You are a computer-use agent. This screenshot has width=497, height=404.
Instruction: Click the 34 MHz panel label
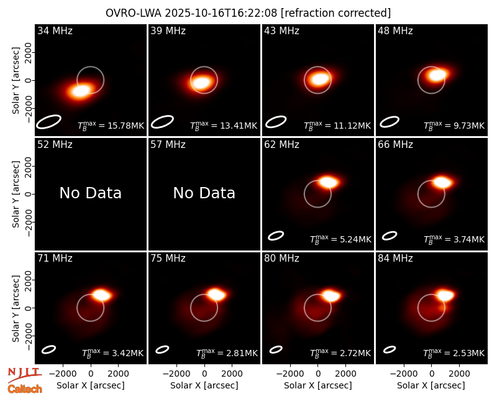[x=55, y=30]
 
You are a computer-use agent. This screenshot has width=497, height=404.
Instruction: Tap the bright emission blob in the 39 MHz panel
[x=201, y=83]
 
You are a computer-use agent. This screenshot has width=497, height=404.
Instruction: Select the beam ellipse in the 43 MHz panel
[x=276, y=122]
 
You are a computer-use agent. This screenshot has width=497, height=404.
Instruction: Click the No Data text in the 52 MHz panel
[x=90, y=193]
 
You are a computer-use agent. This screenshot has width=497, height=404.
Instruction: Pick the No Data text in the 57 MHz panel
[x=204, y=193]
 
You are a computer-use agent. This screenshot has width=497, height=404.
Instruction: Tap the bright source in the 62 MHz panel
[x=329, y=182]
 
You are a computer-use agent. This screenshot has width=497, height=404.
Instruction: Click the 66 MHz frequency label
[x=395, y=145]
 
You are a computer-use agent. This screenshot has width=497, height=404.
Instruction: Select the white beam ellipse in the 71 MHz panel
[x=49, y=349]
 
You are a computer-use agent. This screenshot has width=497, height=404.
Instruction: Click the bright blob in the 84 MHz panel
[x=445, y=295]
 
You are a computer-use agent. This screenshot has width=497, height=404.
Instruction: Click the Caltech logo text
[x=25, y=389]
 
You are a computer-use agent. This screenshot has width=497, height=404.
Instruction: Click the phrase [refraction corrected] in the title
[x=336, y=13]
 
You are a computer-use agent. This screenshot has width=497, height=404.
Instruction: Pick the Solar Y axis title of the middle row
[x=16, y=194]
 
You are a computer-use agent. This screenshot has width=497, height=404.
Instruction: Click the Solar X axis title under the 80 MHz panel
[x=318, y=385]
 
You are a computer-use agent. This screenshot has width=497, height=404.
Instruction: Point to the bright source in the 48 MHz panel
[x=437, y=75]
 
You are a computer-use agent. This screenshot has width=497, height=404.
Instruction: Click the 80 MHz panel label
[x=282, y=259]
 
